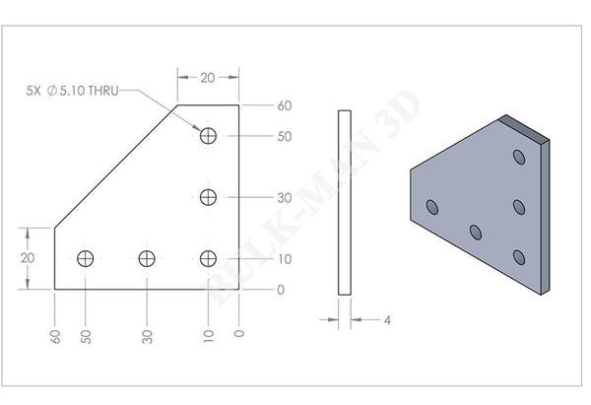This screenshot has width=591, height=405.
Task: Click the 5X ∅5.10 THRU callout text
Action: point(73,91)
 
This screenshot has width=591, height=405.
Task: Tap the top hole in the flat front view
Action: point(208,136)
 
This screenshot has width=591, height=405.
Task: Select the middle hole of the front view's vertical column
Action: point(208,197)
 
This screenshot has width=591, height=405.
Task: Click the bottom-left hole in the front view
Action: point(87,258)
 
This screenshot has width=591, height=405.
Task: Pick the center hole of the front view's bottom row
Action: point(147,258)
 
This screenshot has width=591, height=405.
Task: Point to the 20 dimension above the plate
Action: point(208,77)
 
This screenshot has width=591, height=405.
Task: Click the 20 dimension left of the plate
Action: point(28,257)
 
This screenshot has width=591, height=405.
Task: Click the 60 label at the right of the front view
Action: point(285,105)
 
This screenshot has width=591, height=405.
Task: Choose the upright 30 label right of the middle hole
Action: point(285,197)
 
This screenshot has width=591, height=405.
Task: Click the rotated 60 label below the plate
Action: point(55,336)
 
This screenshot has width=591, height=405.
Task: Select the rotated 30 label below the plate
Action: point(147,336)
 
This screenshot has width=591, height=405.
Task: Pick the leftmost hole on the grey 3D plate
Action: point(431,207)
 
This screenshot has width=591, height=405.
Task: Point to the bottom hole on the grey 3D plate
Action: point(519,257)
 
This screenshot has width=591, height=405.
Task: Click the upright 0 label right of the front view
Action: point(282,290)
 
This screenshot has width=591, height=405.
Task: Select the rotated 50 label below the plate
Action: point(87,336)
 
